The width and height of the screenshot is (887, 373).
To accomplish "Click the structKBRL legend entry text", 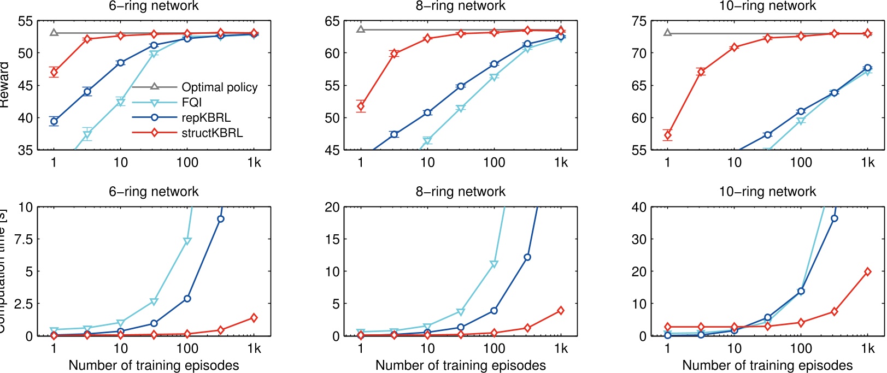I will coord(212,133).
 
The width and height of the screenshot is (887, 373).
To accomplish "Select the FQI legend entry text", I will coord(192,102).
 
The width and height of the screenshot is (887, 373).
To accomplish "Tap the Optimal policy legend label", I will coord(219,87).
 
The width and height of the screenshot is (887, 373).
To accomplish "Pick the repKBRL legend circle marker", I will coord(154,117).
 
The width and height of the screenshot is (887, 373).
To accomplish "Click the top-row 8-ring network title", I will coord(460,6).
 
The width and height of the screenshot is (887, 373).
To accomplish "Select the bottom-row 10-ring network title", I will coord(767,192).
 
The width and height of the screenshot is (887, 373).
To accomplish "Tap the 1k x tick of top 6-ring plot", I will coord(254,162).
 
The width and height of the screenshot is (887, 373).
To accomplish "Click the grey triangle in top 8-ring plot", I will coord(361,29).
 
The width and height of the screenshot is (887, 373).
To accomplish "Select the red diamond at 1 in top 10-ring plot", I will coord(667,135).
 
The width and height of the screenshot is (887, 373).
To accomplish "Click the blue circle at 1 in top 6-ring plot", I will coord(54,121).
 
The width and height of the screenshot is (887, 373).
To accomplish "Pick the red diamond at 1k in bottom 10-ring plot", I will coord(867,271).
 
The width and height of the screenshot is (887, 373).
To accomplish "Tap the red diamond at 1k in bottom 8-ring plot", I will coord(560,310).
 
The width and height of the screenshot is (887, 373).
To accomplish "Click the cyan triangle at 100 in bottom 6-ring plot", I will coord(187,241).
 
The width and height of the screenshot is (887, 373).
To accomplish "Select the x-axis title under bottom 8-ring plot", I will coord(460,365).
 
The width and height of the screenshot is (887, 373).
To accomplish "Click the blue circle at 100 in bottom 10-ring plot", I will coord(801,291).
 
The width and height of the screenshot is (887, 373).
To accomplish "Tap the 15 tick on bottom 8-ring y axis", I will coord(332,239).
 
